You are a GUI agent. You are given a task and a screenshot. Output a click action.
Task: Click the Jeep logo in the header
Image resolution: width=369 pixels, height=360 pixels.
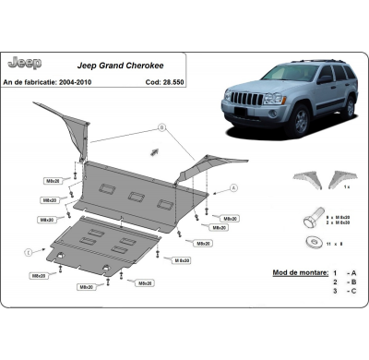(x=24, y=63)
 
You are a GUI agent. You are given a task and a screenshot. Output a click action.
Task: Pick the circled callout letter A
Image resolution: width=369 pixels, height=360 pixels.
(x=234, y=187)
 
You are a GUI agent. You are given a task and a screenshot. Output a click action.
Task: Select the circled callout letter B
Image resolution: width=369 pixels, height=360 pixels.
(x=160, y=127)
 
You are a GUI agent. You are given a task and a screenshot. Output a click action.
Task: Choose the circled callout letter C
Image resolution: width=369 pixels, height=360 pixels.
(x=29, y=251)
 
